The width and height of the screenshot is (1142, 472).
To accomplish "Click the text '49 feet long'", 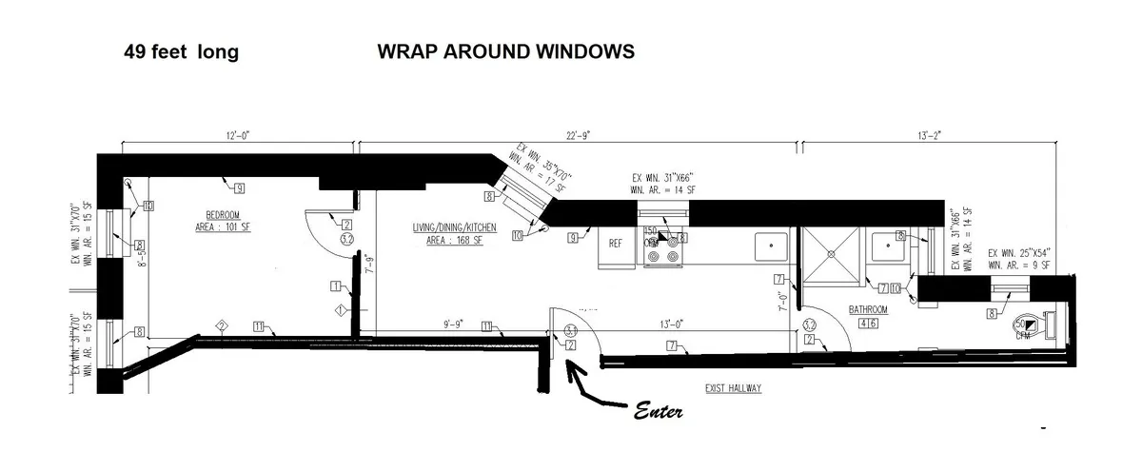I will pos(181,52).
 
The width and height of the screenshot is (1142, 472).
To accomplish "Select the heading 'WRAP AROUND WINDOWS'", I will pos(505,51).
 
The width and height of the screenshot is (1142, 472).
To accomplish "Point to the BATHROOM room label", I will pos(868,310).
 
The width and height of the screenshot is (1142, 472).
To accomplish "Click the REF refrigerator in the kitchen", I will pos(616,244).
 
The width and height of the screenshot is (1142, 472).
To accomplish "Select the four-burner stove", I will pos(662,249).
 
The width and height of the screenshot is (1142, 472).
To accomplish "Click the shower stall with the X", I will pos(832,255).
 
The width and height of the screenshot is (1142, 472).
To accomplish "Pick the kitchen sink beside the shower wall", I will pos(769,246).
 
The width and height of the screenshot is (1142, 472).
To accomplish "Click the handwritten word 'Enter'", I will pos(657,414).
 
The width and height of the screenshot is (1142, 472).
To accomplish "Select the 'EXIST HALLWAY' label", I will pos(734,388).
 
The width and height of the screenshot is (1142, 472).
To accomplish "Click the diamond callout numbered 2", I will pos(221,326).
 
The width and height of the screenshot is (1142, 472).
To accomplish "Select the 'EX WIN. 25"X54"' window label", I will pos(1018,253).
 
